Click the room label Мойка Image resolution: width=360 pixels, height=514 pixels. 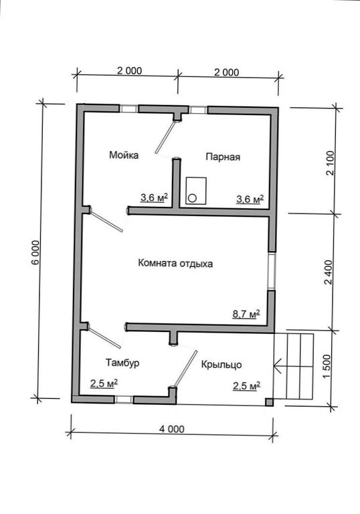(124, 155)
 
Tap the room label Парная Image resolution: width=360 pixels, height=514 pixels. (223, 157)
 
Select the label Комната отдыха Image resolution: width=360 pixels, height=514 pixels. (175, 263)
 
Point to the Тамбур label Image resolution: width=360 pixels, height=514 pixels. (122, 363)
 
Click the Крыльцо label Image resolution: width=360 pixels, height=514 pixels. (221, 365)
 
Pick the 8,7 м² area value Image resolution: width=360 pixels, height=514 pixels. (246, 314)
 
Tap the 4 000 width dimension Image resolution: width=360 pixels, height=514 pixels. (172, 429)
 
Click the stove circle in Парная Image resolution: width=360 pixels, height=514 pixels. (192, 197)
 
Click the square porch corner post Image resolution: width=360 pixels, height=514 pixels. (269, 402)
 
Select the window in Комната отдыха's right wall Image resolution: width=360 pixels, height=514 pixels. (272, 270)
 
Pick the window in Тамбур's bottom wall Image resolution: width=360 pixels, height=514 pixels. (124, 400)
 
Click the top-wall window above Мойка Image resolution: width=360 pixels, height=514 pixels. (128, 108)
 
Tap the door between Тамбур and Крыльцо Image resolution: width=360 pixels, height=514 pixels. (185, 369)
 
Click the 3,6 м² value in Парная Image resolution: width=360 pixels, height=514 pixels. (250, 199)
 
